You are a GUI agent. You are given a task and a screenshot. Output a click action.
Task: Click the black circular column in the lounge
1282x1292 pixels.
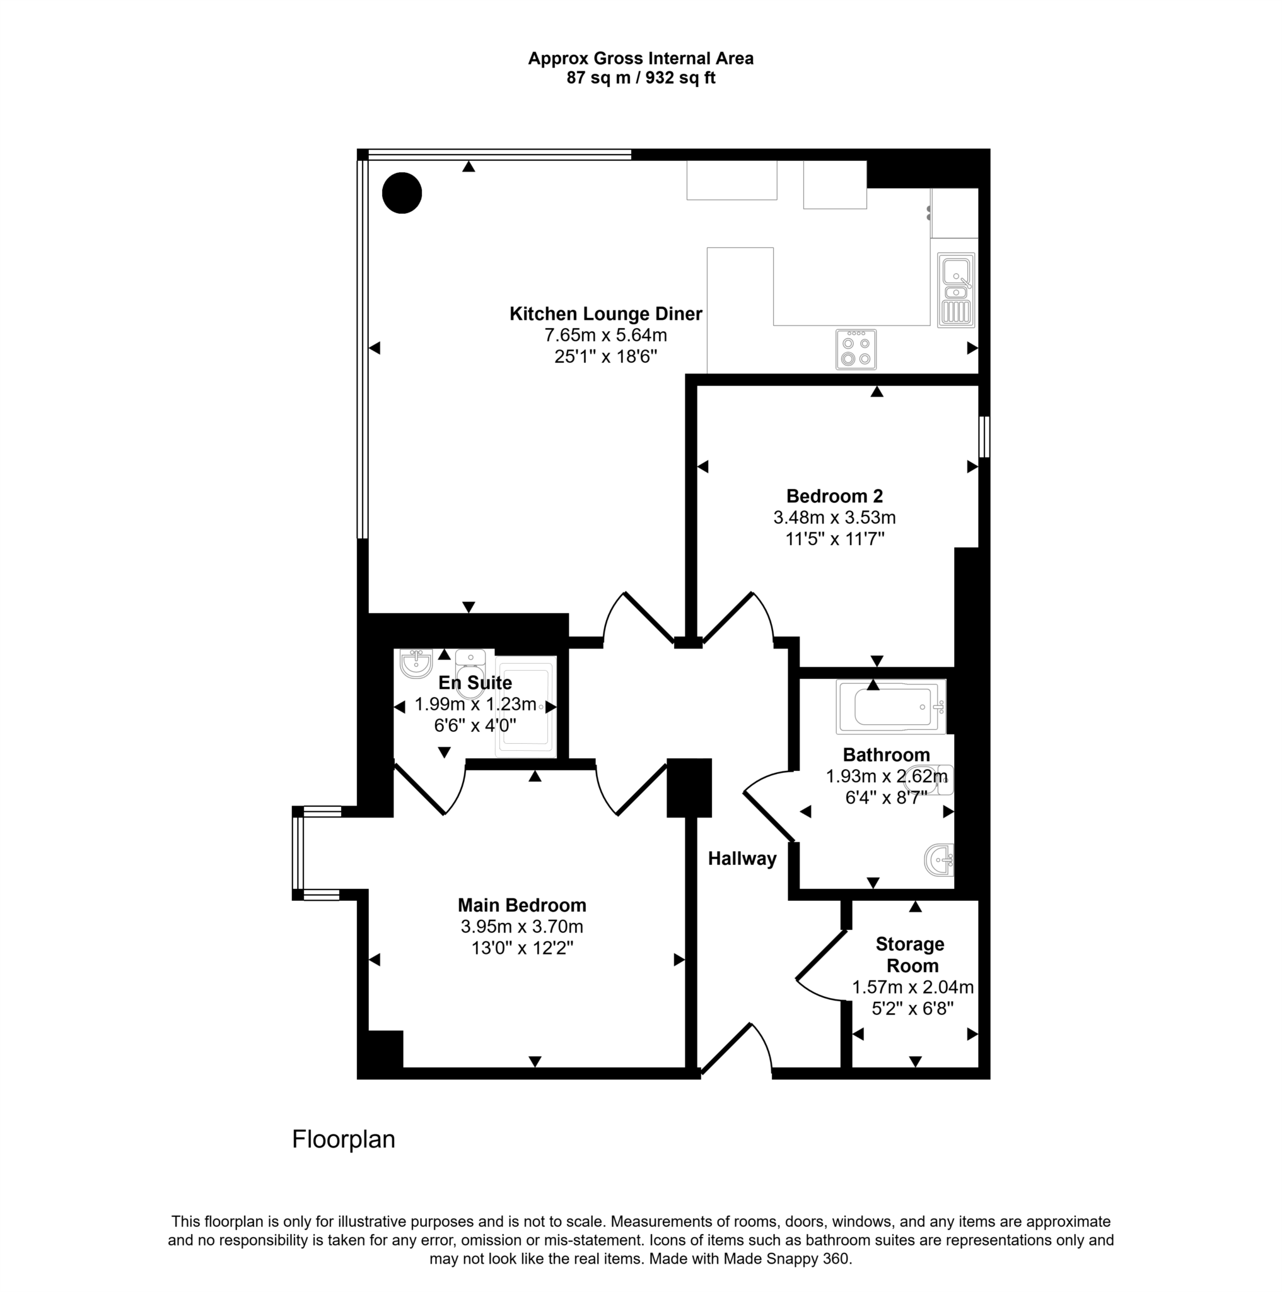[402, 193]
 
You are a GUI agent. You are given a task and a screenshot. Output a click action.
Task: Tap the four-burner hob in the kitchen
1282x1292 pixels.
[856, 349]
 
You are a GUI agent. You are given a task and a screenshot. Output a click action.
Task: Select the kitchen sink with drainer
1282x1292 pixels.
[956, 290]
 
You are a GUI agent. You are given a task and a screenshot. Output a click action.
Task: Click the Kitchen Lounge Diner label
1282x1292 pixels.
[605, 314]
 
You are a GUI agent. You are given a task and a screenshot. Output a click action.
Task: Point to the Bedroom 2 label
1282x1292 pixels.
[834, 496]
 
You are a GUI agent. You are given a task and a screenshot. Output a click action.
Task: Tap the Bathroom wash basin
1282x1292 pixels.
[940, 859]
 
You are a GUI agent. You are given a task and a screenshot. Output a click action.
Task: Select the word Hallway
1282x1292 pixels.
[742, 859]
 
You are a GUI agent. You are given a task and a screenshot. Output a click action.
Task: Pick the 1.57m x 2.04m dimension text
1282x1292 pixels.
[912, 987]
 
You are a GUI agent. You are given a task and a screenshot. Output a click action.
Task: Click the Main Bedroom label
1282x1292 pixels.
[522, 905]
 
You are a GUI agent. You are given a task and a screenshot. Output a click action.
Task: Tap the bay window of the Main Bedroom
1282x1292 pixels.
[298, 854]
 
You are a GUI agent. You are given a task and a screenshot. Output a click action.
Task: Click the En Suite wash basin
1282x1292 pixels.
[416, 664]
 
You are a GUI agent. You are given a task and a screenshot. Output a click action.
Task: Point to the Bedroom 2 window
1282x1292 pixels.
[984, 437]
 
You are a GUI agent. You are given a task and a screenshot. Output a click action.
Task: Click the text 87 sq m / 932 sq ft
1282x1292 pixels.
[640, 78]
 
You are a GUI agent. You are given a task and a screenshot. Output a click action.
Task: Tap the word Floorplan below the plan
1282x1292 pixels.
[344, 1139]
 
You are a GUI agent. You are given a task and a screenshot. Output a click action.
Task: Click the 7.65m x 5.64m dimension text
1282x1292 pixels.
[605, 335]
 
